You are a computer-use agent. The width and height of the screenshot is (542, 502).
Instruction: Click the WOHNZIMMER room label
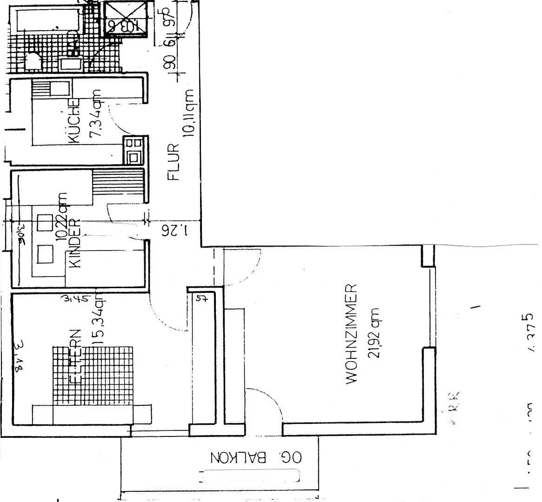point(352,334)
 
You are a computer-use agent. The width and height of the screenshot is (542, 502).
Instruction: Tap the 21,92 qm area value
point(374,333)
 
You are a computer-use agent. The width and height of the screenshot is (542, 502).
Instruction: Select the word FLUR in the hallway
point(173,162)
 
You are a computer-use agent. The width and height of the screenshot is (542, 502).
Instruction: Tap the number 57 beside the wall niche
point(201,298)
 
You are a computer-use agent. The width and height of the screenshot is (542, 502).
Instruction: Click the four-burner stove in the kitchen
point(134,150)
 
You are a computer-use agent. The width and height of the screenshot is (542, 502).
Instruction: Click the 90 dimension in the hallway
point(170,63)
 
